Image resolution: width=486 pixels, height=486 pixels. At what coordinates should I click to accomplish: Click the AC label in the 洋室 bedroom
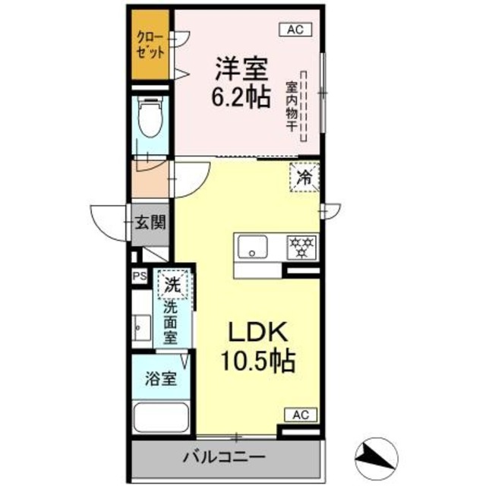click(295, 30)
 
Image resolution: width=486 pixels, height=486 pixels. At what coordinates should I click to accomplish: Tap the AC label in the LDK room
click(298, 415)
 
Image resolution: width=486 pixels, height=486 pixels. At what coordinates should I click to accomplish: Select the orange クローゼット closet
click(151, 47)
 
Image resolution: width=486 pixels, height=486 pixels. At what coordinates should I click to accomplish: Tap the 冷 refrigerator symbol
click(304, 179)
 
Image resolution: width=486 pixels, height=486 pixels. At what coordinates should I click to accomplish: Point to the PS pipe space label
click(140, 277)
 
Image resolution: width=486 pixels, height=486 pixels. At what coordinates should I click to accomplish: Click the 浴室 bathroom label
click(163, 377)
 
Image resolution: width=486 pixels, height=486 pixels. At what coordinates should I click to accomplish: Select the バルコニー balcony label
click(223, 458)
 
